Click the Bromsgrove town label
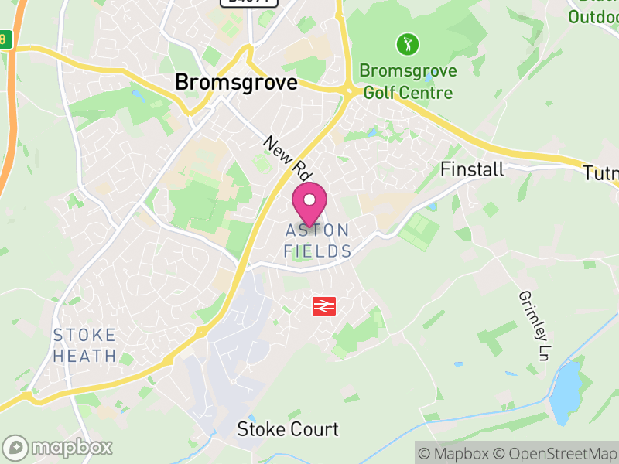(236, 82)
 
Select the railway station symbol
(323, 306)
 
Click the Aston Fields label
(317, 241)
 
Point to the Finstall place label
(472, 169)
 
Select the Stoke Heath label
(85, 346)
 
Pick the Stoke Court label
(288, 429)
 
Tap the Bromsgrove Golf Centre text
(408, 82)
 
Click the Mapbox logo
(59, 447)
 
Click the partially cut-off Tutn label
(600, 174)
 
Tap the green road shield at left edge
(4, 39)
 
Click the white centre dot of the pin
(309, 199)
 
